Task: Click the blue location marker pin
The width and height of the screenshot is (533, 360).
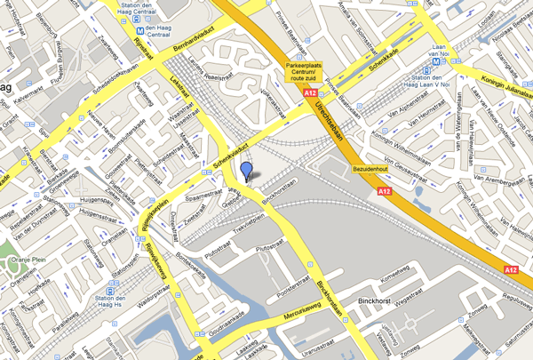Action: click(246, 171)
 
